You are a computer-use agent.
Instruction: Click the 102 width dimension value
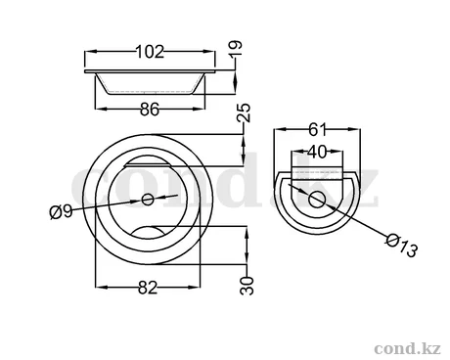(150, 52)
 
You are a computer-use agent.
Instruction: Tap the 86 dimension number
(150, 110)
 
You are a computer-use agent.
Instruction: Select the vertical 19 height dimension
(236, 48)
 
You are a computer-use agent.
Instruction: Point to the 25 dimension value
(245, 112)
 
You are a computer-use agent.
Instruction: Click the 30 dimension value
(247, 286)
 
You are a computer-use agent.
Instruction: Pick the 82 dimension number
(148, 288)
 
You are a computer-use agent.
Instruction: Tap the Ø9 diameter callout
(61, 211)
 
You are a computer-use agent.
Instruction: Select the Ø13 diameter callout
(401, 246)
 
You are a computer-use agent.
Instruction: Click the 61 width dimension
(317, 130)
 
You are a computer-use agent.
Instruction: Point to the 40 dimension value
(317, 152)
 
